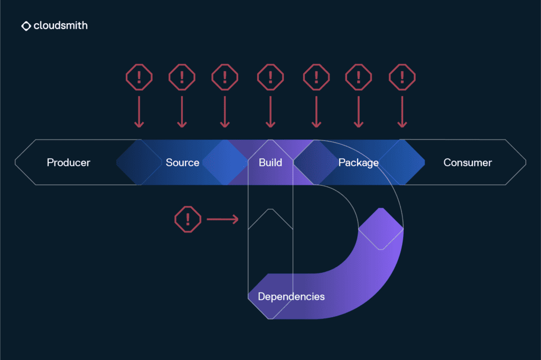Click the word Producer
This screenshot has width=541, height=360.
coord(69,163)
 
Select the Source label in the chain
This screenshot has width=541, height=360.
coord(182,163)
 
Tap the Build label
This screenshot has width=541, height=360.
coord(270,163)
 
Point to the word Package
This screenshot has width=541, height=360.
coord(358,163)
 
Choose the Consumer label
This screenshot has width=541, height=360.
coord(468,163)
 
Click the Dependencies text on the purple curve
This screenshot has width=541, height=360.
coord(291,297)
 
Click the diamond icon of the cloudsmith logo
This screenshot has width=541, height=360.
coord(26,26)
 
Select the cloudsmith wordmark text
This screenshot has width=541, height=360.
coord(60,25)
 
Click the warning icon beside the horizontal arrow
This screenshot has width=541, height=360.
coord(188,219)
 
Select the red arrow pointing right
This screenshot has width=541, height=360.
coord(222,219)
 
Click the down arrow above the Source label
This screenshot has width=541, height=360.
coord(182,111)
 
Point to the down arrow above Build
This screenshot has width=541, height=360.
coord(270,111)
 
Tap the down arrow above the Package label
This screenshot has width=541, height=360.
coord(359,111)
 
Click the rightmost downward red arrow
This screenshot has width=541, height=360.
coord(402,111)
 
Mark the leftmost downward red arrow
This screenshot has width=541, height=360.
coord(139,111)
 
